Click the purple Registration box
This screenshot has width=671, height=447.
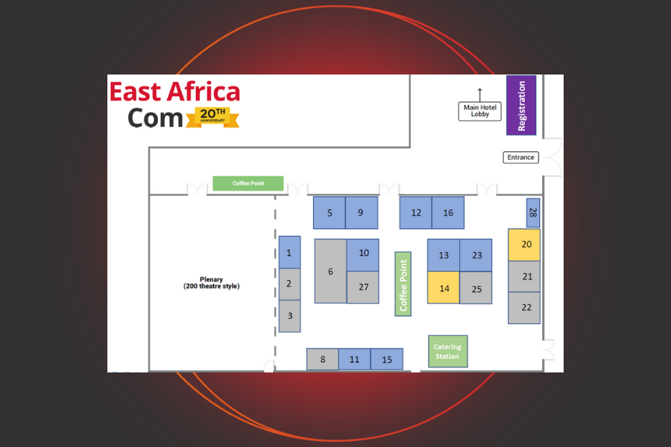[521, 105]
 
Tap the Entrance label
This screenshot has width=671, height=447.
[520, 157]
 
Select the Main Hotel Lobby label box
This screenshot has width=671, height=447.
[480, 111]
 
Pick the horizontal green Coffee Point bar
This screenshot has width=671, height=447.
[248, 183]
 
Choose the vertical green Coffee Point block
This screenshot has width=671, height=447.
[403, 283]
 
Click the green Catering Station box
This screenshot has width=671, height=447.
[447, 351]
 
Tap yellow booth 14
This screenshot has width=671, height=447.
[444, 288]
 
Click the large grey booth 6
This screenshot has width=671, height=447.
[330, 271]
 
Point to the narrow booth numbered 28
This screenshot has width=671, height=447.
[532, 212]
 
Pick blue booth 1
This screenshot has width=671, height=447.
[289, 253]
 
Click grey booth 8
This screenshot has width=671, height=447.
[323, 360]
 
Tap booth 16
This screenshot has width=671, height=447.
[448, 213]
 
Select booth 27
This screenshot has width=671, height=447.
[363, 288]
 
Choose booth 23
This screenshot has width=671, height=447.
[476, 256]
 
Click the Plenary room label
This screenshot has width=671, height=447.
[212, 283]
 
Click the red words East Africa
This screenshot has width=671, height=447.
[175, 92]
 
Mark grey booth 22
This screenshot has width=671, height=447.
[524, 308]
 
